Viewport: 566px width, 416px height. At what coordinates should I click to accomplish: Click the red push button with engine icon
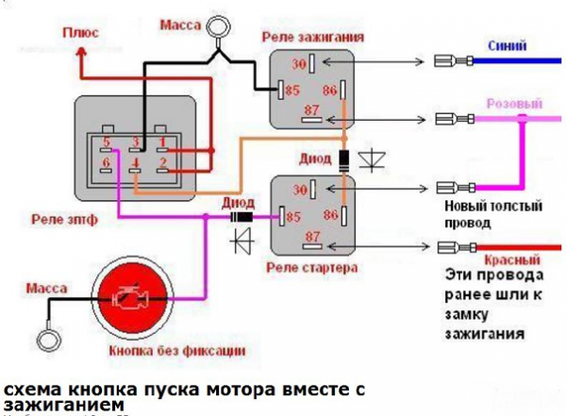[130, 299]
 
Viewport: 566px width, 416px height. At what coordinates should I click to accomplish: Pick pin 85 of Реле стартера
[292, 217]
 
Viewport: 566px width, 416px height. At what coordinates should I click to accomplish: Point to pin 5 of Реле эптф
[108, 143]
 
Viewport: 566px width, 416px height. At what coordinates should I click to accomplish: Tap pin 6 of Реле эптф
[107, 164]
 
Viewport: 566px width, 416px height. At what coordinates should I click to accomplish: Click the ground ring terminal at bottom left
[43, 336]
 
